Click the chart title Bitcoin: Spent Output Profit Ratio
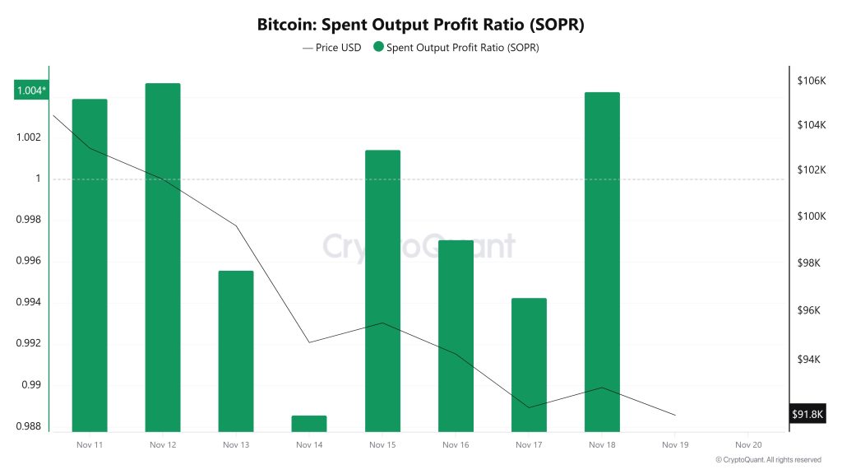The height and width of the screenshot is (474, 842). pyautogui.click(x=420, y=25)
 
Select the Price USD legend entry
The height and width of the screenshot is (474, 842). pyautogui.click(x=332, y=47)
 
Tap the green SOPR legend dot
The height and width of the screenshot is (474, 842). pyautogui.click(x=378, y=47)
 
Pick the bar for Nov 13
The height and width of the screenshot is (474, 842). pyautogui.click(x=236, y=351)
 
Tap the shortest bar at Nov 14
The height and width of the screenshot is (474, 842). pyautogui.click(x=309, y=423)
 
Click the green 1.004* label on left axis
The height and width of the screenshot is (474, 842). pyautogui.click(x=31, y=91)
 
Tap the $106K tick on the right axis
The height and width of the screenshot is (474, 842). pyautogui.click(x=811, y=81)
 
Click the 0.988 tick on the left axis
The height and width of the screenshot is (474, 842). pyautogui.click(x=28, y=426)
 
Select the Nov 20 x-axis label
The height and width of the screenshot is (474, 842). pyautogui.click(x=748, y=444)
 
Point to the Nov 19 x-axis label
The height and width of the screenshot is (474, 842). pyautogui.click(x=675, y=444)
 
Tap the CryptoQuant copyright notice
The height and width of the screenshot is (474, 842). pyautogui.click(x=767, y=460)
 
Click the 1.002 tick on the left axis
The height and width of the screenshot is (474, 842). pyautogui.click(x=28, y=137)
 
